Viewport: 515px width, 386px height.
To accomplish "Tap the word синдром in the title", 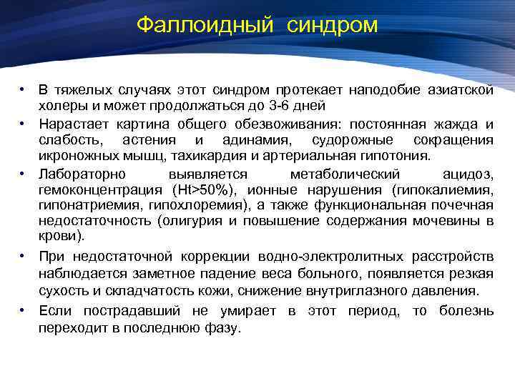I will point(333,26).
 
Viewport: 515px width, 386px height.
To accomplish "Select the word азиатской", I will point(459,90).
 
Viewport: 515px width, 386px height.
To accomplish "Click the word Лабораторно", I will point(83,174).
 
